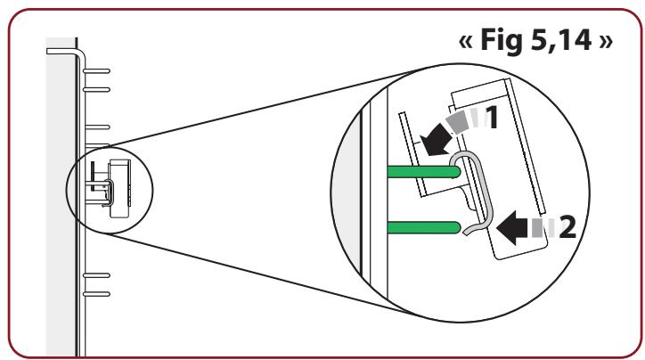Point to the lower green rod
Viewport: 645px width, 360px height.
(x=422, y=228)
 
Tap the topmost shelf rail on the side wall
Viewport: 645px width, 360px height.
(x=96, y=69)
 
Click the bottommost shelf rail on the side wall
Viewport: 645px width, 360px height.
(x=96, y=292)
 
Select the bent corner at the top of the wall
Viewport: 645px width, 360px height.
(x=78, y=52)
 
